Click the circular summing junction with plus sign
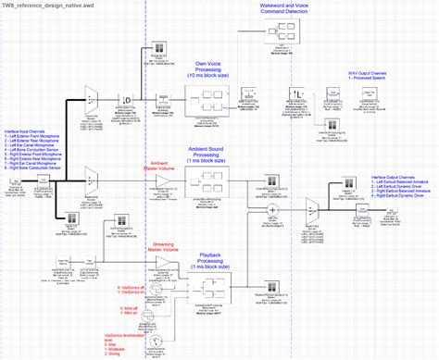[274, 209]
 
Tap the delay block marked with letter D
[127, 99]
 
